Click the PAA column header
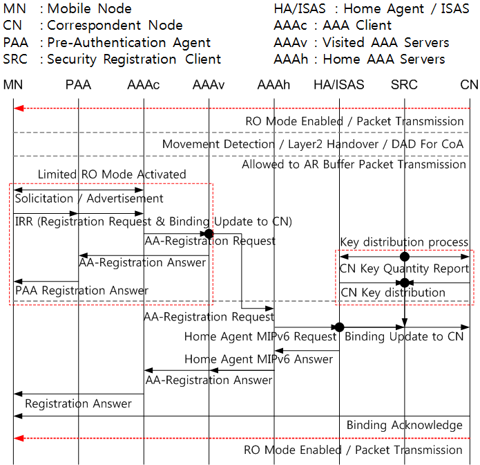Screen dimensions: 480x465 (x=78, y=84)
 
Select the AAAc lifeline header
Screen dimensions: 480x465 (x=143, y=84)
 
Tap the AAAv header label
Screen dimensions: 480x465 (x=209, y=84)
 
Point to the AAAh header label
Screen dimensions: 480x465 (x=273, y=84)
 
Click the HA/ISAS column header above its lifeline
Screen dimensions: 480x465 (x=339, y=84)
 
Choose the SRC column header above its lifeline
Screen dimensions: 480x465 (x=404, y=84)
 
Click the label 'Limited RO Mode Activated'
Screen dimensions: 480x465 (x=112, y=174)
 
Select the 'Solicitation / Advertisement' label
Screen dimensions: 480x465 (x=89, y=199)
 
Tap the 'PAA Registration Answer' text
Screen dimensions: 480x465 (x=81, y=290)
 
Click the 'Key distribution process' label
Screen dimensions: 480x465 (x=404, y=242)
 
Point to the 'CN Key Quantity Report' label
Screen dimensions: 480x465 (x=405, y=268)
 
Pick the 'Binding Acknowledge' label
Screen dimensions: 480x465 (x=405, y=425)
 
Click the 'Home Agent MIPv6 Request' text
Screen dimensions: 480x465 (x=260, y=336)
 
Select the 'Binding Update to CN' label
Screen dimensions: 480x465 (x=404, y=336)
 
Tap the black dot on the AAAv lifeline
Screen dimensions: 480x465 (x=209, y=234)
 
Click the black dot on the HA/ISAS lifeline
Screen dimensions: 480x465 (x=339, y=327)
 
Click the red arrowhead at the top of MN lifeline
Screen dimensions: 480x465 (x=19, y=108)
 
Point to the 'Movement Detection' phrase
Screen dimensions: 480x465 (x=218, y=144)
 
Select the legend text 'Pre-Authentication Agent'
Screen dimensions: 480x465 (x=129, y=42)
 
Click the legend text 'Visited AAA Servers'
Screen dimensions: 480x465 (x=385, y=42)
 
